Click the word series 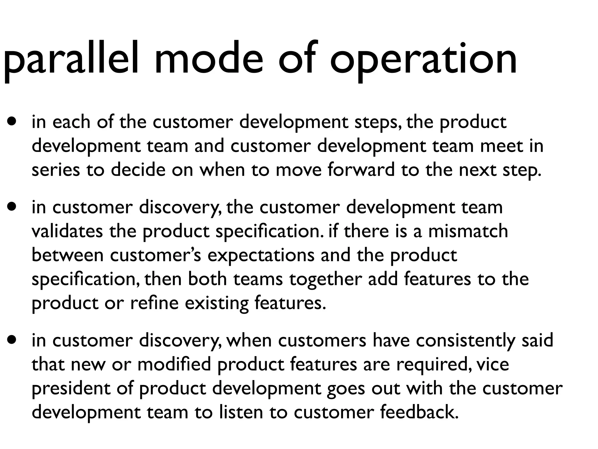coord(55,170)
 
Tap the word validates coord(67,231)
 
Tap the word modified coord(174,365)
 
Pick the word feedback coord(419,412)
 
